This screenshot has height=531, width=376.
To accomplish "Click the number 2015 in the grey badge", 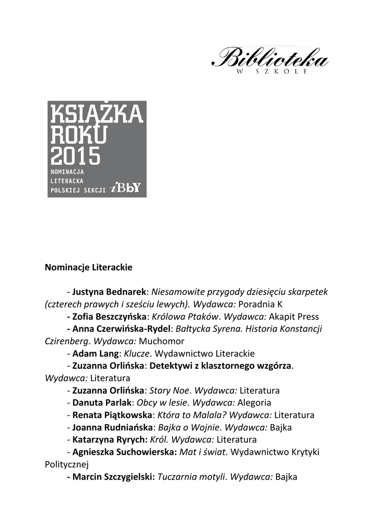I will click(x=75, y=155).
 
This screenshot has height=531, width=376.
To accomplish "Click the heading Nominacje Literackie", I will click(x=89, y=268).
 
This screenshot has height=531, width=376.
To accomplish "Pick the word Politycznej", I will click(x=67, y=465).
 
